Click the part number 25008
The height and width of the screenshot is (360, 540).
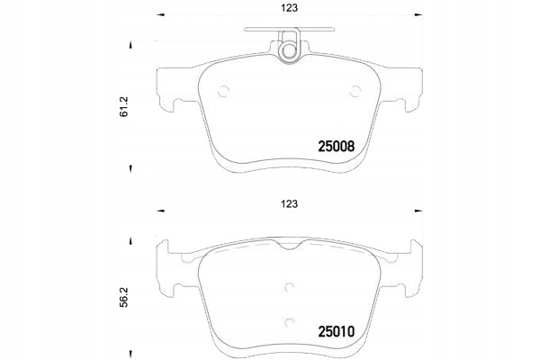[x=336, y=147]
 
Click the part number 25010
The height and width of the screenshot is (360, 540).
[x=336, y=332]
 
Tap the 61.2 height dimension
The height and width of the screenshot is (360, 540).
[x=123, y=106]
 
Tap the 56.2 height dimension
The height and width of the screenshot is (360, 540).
[x=123, y=297]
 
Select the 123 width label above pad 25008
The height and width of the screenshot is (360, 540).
[x=289, y=8]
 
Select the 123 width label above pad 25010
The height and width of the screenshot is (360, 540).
[x=289, y=204]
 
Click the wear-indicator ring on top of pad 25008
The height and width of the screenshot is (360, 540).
[x=289, y=51]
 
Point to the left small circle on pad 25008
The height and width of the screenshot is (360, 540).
[x=224, y=91]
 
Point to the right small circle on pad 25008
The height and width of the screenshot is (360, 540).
[x=355, y=91]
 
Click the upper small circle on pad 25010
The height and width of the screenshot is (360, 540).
[x=289, y=286]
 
